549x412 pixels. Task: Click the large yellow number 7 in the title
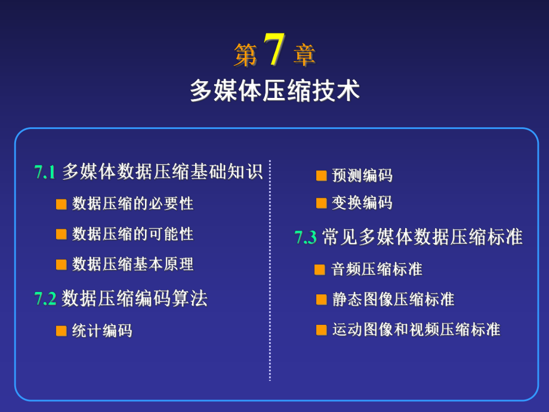[274, 50]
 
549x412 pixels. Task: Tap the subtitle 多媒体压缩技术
[274, 91]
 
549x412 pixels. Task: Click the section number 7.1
[45, 173]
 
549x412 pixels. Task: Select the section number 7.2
[45, 299]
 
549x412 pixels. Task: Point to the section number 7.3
[306, 238]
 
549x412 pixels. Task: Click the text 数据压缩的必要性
[132, 204]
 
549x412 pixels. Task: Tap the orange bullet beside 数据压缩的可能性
[61, 234]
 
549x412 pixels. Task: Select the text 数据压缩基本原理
[132, 264]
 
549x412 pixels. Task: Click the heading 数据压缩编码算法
[134, 298]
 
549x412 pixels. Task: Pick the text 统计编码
[102, 331]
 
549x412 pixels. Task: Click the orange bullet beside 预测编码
[321, 176]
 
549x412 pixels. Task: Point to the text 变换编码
[362, 203]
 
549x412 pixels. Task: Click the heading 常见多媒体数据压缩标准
[422, 238]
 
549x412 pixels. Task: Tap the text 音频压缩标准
[377, 269]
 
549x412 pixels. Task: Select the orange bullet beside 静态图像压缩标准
[321, 299]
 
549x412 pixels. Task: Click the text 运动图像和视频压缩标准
[416, 329]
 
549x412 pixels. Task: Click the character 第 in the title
[245, 56]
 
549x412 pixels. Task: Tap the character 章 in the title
[304, 56]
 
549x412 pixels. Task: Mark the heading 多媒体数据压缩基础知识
[162, 172]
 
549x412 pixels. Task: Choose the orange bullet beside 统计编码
[61, 331]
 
